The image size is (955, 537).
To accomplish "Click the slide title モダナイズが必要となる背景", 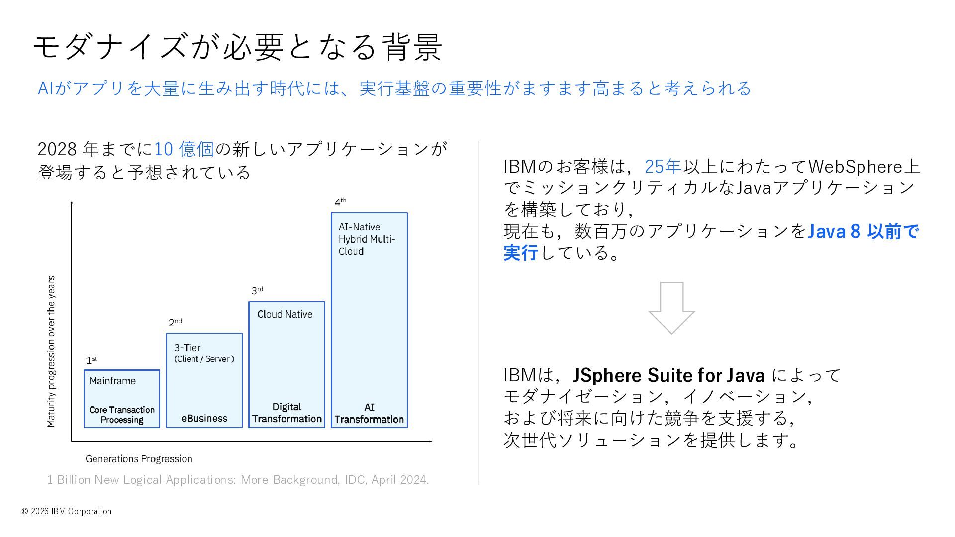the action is click(x=237, y=47).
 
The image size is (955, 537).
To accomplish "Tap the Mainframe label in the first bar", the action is click(x=112, y=381).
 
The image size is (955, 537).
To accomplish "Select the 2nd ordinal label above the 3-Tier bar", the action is click(x=175, y=322).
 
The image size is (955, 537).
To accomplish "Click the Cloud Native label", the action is click(x=285, y=314).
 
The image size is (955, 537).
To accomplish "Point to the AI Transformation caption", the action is click(x=369, y=413).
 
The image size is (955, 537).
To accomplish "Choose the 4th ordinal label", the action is click(x=340, y=202).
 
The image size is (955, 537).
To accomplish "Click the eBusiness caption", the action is click(x=204, y=418).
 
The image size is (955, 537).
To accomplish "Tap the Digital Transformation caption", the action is click(x=286, y=413).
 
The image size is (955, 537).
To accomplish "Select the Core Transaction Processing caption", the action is click(x=122, y=415).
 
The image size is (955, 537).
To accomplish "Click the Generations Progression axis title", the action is click(x=139, y=459).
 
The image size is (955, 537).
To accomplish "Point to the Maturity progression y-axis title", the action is click(x=51, y=352).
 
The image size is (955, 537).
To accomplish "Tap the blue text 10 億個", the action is click(x=184, y=149).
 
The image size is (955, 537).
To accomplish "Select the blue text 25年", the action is click(x=663, y=166).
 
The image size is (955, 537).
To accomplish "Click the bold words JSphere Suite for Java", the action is click(x=668, y=375).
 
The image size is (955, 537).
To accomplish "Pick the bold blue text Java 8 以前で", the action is click(x=862, y=231).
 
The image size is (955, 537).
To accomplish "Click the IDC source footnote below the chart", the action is click(x=238, y=480).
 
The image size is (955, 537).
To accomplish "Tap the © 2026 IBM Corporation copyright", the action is click(x=67, y=511).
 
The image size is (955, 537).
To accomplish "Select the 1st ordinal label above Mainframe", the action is click(x=91, y=360).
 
